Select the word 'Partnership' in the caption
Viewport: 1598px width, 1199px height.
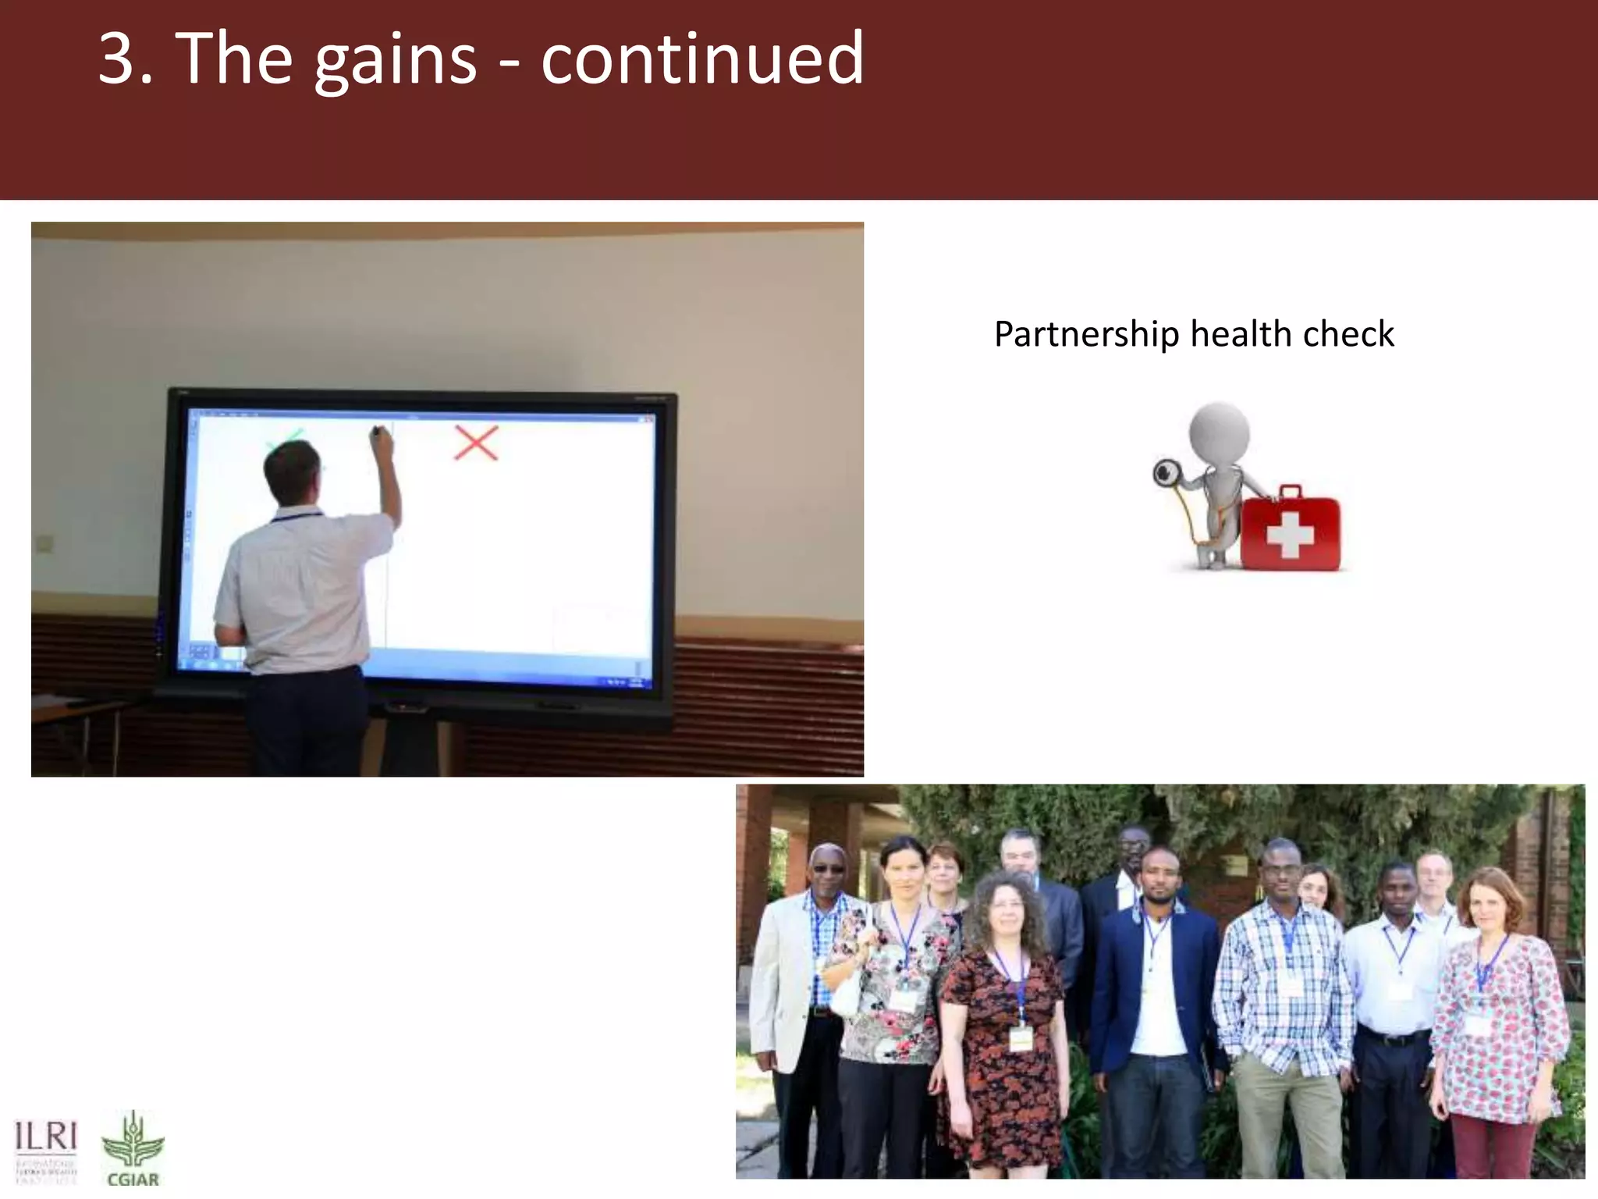pyautogui.click(x=1086, y=335)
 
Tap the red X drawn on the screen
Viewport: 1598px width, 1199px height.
pyautogui.click(x=476, y=443)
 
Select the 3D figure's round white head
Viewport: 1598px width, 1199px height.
pyautogui.click(x=1219, y=432)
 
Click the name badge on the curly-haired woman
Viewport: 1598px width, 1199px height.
pyautogui.click(x=1021, y=1038)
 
